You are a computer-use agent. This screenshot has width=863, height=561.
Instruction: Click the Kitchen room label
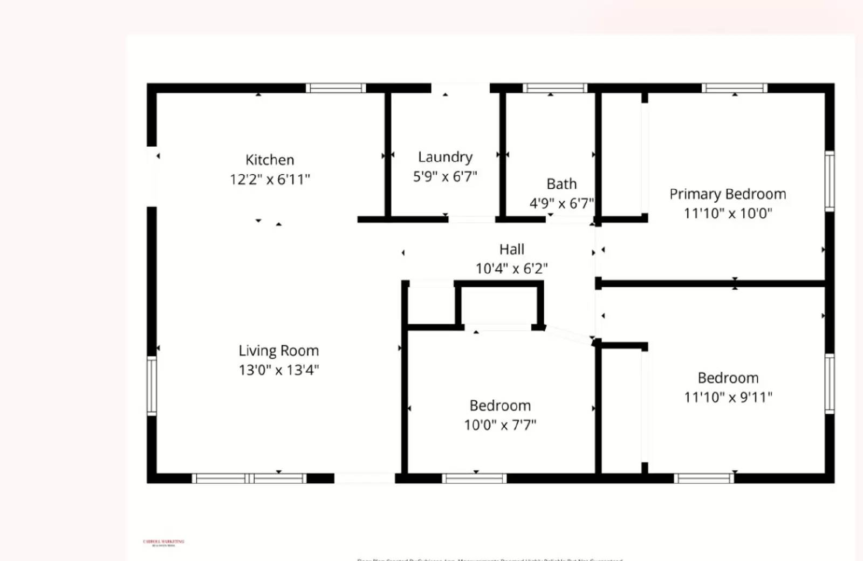coord(270,160)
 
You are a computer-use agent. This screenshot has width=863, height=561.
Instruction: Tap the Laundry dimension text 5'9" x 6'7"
coord(445,176)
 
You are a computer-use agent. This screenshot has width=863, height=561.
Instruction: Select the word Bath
coord(561,184)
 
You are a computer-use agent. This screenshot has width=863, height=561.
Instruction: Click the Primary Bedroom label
coord(728,194)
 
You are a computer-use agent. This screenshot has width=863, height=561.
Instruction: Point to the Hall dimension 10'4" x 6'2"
coord(511,268)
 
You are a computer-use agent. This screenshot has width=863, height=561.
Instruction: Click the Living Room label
coord(278,351)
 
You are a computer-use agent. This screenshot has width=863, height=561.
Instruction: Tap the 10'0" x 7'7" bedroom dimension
coord(500,425)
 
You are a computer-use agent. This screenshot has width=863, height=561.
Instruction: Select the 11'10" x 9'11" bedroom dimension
coord(728,398)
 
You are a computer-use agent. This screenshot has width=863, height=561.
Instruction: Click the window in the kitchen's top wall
coord(335,88)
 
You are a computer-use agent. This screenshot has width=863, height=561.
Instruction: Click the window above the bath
coord(554,88)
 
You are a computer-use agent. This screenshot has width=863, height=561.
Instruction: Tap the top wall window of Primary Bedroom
coord(734,88)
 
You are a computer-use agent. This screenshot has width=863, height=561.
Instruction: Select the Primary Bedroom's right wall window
coord(830,181)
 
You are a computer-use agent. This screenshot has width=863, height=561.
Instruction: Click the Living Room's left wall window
coord(152,386)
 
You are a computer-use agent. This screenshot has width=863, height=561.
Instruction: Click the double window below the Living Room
coord(249,478)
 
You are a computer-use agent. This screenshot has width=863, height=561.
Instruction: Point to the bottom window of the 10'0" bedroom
coord(474,478)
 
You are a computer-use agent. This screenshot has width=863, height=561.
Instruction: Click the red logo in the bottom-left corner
coord(163,543)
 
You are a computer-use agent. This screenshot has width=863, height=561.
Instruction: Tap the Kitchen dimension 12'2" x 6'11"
coord(270,179)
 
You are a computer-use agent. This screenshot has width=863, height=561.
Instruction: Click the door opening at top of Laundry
coord(460,88)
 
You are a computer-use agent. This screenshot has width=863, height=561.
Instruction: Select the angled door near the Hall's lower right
coord(570,335)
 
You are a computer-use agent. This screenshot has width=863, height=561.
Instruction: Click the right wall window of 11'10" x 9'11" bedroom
coord(830,384)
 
